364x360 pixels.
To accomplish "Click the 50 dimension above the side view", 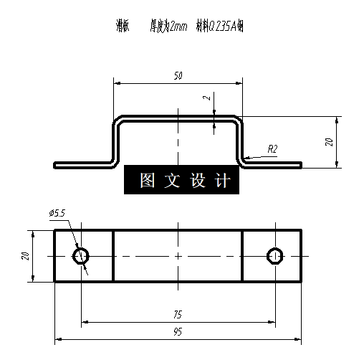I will (x=177, y=75).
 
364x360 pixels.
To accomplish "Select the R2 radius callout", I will (x=272, y=148).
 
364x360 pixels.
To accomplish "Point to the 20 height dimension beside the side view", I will (x=329, y=141).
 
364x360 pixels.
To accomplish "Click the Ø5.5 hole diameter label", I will (x=57, y=213).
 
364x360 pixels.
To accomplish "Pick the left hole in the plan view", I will (x=81, y=255).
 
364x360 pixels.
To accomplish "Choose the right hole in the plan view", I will (x=275, y=255).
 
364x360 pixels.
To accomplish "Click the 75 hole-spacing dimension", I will (x=177, y=315).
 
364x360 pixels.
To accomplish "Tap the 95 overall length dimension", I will (x=177, y=333).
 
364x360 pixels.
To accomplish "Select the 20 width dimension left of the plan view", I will (x=25, y=255).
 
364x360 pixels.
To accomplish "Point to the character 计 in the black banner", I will (x=223, y=181).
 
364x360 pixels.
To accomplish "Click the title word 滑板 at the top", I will (x=123, y=27).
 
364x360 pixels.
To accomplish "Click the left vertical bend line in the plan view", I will (x=113, y=255).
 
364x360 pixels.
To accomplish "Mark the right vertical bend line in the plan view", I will (x=242, y=255).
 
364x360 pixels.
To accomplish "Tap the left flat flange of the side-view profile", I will (x=82, y=164).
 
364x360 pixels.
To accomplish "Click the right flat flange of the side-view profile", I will (x=272, y=164).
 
